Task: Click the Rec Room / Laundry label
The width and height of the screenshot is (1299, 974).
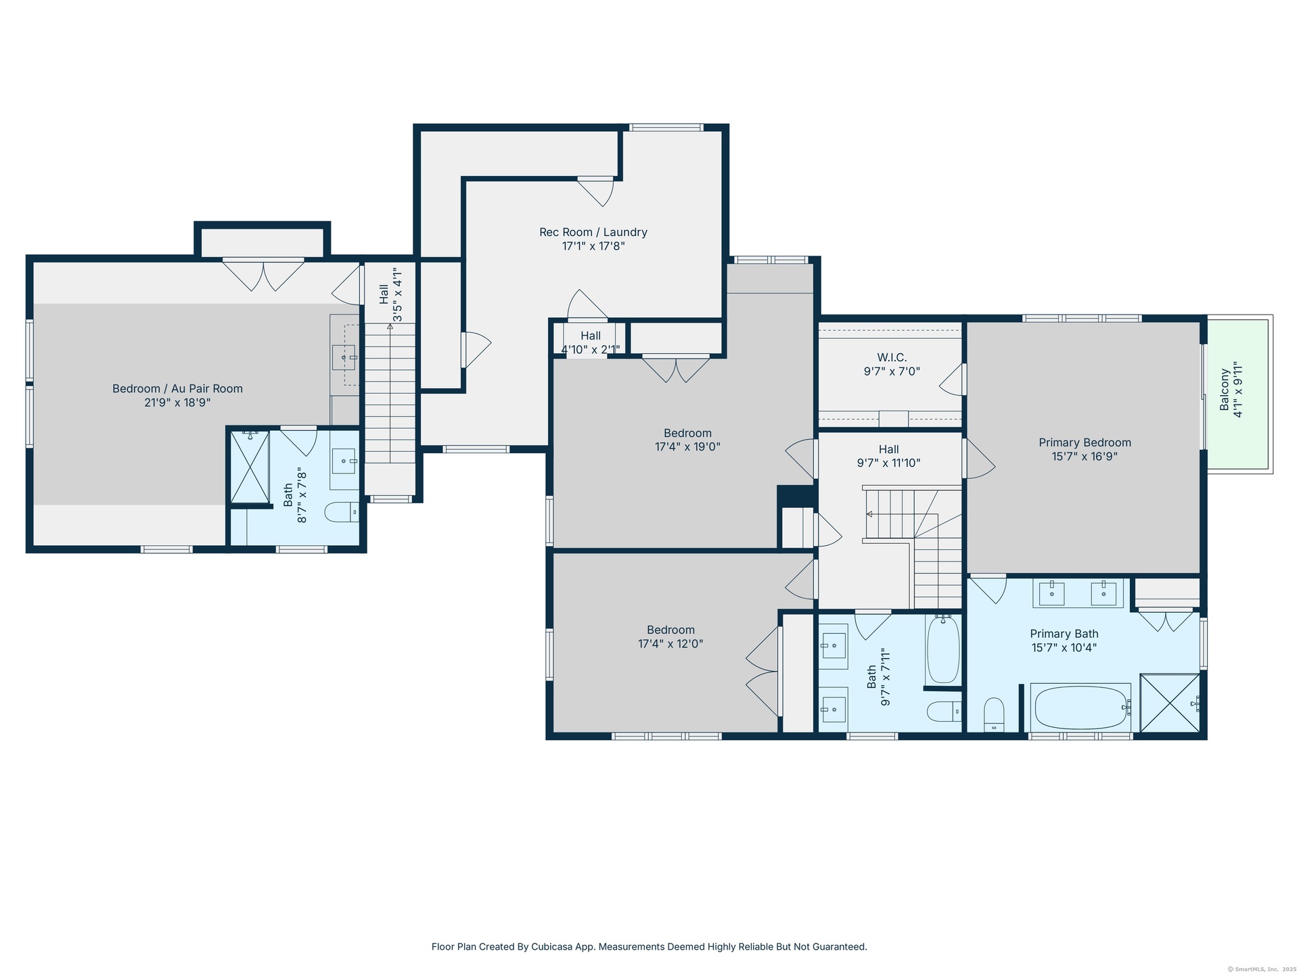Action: coord(593,232)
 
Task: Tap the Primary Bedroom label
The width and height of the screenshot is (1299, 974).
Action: coord(1085,442)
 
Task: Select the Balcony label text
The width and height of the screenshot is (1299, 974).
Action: coord(1225,390)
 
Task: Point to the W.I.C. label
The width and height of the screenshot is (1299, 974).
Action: coord(892,357)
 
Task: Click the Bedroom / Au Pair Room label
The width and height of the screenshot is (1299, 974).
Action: coord(177,388)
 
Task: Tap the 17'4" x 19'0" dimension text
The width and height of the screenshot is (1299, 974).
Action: coord(687,447)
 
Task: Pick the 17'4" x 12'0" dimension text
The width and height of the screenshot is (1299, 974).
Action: coord(670,644)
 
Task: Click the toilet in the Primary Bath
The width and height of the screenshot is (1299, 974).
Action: coord(994,714)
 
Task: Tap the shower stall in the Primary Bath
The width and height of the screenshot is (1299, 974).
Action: coord(1170,703)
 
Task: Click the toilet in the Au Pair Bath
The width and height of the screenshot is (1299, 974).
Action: coord(342,513)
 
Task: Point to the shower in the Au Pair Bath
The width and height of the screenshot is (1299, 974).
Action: coord(250,467)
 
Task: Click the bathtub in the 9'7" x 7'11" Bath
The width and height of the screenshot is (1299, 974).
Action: coord(942,650)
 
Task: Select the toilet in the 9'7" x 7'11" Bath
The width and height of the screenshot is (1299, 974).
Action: coord(944,711)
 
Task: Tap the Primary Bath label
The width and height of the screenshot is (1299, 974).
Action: coord(1064,634)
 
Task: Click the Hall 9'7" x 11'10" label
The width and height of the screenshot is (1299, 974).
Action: coord(889,456)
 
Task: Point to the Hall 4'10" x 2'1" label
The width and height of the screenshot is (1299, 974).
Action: coord(591,342)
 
